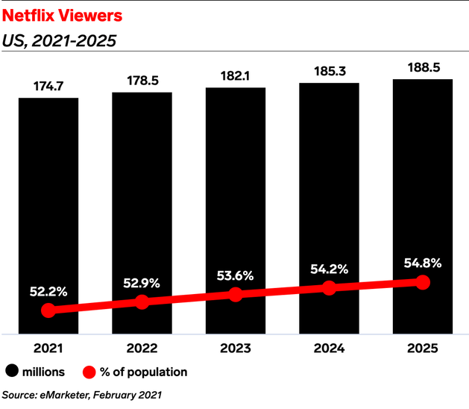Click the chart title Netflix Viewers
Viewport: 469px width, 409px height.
tap(56, 14)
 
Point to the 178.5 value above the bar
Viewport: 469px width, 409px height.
tap(142, 81)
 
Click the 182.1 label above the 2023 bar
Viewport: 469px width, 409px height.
tap(236, 77)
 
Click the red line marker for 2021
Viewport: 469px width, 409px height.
tap(48, 310)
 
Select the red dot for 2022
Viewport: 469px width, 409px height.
tap(142, 302)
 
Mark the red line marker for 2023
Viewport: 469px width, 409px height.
tap(236, 294)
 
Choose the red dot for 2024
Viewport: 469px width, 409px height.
tap(330, 288)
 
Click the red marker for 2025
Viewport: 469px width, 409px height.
tap(423, 282)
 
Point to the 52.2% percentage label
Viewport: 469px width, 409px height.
tap(48, 290)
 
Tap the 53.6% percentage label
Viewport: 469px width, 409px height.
tap(236, 275)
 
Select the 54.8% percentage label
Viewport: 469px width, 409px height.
tap(423, 262)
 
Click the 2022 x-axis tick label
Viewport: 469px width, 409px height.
tap(142, 348)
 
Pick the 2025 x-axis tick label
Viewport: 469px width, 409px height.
tap(423, 348)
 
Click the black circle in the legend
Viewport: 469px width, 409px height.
tap(13, 371)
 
